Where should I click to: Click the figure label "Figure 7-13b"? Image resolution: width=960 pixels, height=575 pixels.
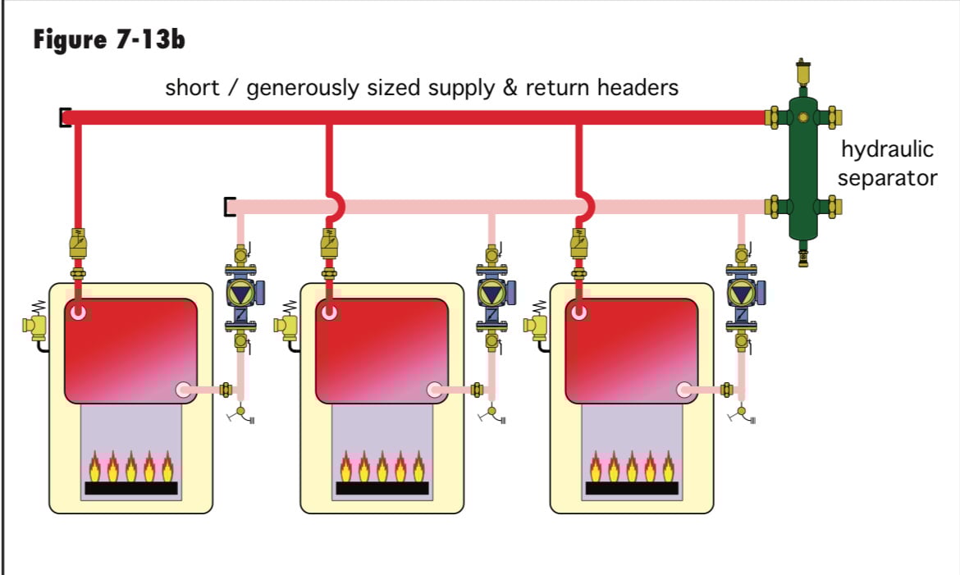108,39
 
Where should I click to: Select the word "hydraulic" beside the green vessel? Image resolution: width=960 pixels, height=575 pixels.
887,151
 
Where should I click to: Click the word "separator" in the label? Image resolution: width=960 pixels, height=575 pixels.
887,178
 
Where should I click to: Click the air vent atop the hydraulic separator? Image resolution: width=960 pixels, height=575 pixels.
802,74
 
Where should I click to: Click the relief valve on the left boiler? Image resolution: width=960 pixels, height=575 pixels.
34,326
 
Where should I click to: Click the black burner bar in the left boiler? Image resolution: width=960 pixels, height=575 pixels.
131,488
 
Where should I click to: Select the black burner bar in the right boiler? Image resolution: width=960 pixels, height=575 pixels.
632,488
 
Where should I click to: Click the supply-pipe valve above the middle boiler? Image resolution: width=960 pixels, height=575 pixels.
328,244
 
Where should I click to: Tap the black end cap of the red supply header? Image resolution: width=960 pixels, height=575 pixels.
64,118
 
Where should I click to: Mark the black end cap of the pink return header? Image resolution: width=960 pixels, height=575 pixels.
229,207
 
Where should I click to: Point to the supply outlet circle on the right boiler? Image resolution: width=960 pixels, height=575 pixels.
579,313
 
